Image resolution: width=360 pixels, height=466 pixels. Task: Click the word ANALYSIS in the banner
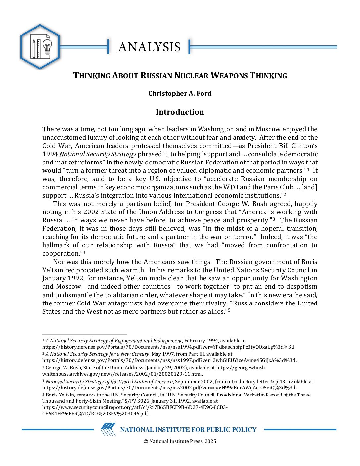click(x=149, y=47)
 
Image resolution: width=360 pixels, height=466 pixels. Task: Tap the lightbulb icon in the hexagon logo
click(x=47, y=47)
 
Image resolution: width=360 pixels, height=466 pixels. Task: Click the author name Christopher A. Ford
click(x=180, y=93)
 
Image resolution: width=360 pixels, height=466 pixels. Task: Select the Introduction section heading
click(x=180, y=112)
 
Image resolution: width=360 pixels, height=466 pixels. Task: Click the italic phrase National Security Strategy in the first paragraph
click(x=98, y=154)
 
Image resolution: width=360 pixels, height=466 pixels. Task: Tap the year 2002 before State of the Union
click(x=91, y=212)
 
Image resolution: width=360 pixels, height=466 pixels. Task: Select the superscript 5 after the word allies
click(x=229, y=310)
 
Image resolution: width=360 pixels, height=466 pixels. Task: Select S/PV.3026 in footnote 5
click(x=136, y=401)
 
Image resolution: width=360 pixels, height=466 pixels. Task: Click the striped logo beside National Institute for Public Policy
click(x=108, y=429)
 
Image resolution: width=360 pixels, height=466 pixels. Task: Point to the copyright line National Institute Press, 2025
click(x=180, y=441)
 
